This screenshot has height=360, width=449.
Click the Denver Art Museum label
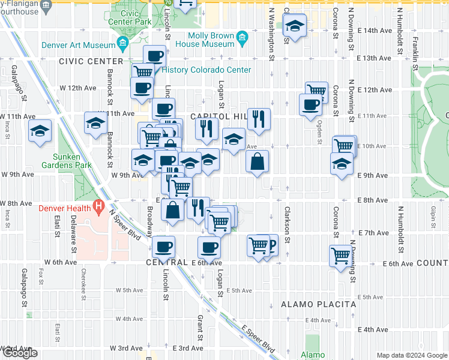(78, 45)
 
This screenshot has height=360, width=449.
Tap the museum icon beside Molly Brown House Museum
(243, 39)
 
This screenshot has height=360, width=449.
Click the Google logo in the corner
(19, 353)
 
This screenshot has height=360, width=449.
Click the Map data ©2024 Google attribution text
(411, 355)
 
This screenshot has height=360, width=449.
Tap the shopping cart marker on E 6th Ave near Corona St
(340, 255)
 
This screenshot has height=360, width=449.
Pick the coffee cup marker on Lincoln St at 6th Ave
(163, 246)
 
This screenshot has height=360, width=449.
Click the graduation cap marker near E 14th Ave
(294, 26)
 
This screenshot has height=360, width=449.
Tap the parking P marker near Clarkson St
(271, 244)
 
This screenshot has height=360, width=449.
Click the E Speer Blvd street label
(258, 340)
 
